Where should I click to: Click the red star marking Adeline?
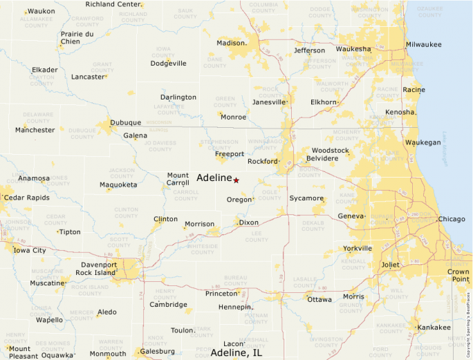click(x=236, y=180)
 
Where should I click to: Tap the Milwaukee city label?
click(x=423, y=44)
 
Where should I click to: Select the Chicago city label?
click(x=452, y=219)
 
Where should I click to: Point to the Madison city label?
click(x=231, y=43)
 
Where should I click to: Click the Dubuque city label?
click(x=126, y=123)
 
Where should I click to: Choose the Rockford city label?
click(x=262, y=162)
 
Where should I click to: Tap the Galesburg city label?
click(x=157, y=352)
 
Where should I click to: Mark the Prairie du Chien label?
click(x=77, y=37)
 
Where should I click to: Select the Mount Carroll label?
click(x=178, y=180)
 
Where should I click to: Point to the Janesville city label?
click(x=269, y=102)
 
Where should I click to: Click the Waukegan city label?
click(x=423, y=142)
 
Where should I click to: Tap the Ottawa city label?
click(x=319, y=300)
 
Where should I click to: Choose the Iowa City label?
click(x=30, y=251)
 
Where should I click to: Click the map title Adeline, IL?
click(x=236, y=353)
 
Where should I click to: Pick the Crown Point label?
click(x=458, y=275)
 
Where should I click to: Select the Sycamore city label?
click(x=306, y=198)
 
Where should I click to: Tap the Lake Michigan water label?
click(x=445, y=148)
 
